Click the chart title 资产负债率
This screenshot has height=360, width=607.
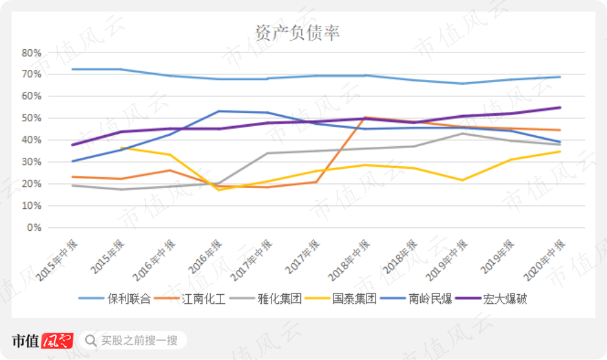(x=297, y=33)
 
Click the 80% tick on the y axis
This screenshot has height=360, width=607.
(x=32, y=53)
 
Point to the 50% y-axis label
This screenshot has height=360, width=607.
(x=32, y=118)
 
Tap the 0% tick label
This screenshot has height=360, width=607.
(x=34, y=228)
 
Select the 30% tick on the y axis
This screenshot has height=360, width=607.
(x=32, y=162)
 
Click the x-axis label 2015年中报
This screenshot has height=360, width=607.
(x=57, y=261)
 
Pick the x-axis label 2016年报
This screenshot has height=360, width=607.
(x=205, y=256)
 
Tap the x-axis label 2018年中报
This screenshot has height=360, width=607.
(x=349, y=261)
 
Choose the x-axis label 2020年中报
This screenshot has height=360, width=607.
(x=544, y=261)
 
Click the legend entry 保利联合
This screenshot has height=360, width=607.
(x=114, y=298)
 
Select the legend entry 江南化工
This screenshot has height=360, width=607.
(x=190, y=298)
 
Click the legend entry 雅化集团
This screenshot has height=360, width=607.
(x=265, y=298)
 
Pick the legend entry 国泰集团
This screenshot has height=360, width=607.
(x=341, y=298)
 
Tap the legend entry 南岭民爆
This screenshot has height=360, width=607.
(x=416, y=298)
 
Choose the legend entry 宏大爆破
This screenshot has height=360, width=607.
(x=491, y=298)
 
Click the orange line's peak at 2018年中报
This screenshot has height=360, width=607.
(x=365, y=117)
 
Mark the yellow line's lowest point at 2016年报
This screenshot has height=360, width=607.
(x=219, y=190)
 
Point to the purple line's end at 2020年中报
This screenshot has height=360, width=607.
(x=560, y=107)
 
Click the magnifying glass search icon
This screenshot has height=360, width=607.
(x=91, y=341)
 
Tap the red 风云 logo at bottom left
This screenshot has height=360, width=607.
(x=57, y=341)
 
